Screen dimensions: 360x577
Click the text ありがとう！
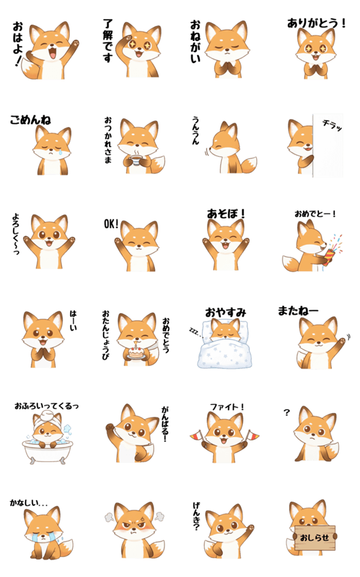tap(316, 24)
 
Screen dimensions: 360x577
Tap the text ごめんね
tap(30, 120)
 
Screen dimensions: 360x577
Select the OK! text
tap(111, 223)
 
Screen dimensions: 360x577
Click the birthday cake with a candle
tap(135, 353)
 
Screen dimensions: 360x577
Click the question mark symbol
tap(287, 412)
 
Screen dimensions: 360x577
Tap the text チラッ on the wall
tap(332, 125)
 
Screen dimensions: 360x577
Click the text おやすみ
tap(225, 313)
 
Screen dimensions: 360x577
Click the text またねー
tap(298, 311)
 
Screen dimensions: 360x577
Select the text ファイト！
tap(227, 407)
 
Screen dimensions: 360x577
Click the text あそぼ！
tap(225, 213)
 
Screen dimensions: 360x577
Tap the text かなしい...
tap(29, 503)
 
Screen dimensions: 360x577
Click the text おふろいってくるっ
tap(47, 406)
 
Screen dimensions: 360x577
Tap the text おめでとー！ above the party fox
tap(315, 213)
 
